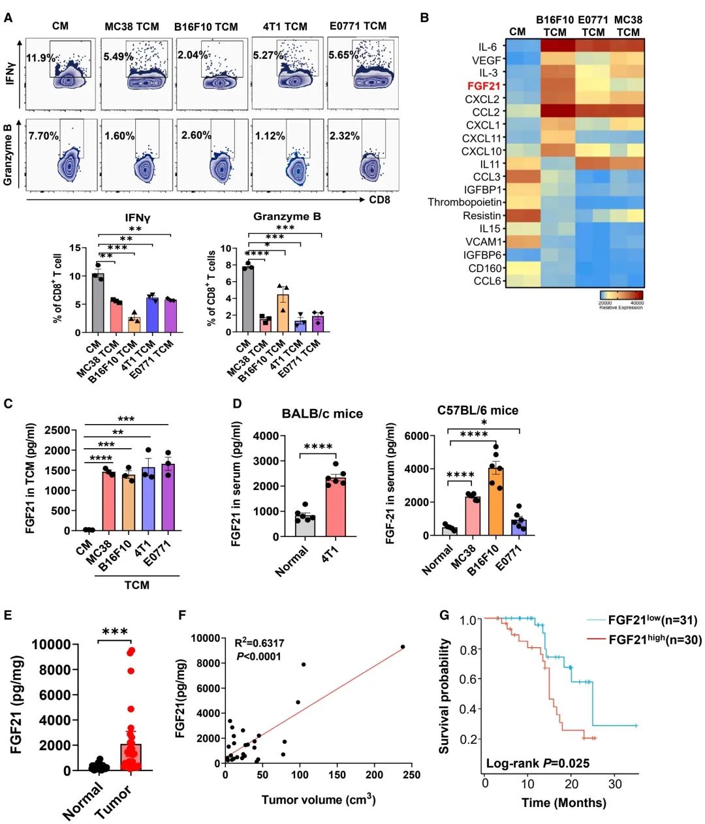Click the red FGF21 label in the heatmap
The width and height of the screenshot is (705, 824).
tap(484, 86)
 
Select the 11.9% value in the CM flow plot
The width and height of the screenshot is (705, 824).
tap(40, 58)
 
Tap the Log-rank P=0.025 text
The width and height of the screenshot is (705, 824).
tap(538, 763)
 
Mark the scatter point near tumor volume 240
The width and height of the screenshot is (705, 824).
tap(403, 647)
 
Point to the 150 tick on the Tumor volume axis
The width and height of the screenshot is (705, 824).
tap(337, 775)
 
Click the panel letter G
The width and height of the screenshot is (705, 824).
tap(445, 615)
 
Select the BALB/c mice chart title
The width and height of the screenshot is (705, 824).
tap(322, 414)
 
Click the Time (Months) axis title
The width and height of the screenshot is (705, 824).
tap(563, 802)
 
